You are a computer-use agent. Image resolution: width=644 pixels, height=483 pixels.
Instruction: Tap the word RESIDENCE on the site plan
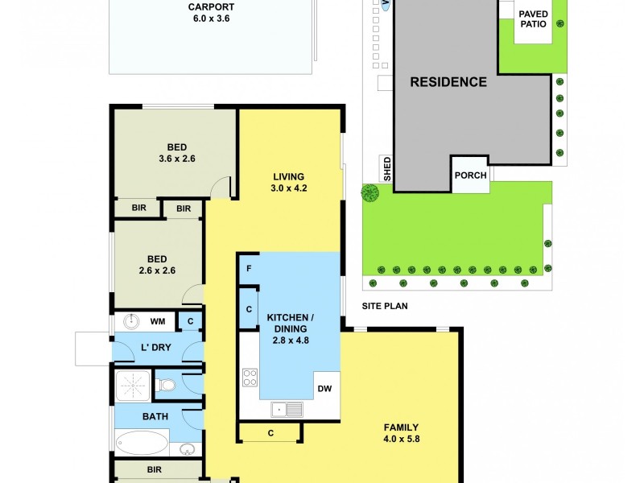coord(448,82)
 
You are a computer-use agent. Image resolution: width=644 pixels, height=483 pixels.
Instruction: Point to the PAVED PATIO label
coord(533,19)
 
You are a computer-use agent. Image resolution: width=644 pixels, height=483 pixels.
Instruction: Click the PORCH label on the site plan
coord(470,175)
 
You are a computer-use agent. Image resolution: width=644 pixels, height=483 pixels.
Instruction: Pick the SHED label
coord(387,168)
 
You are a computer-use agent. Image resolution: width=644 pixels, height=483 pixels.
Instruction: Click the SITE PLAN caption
coord(385,306)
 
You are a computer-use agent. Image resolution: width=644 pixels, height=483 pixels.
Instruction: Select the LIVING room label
coord(288,177)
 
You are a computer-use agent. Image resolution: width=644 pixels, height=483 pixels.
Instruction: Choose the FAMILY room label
coord(401,427)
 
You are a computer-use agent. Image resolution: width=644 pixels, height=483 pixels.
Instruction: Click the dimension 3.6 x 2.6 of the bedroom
coord(177,159)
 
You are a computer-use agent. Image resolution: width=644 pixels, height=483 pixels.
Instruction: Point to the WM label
coord(158,322)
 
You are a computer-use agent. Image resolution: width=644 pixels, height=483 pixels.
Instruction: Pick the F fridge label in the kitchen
coord(249,269)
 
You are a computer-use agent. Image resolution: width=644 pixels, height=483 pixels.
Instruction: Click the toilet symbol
coord(166,386)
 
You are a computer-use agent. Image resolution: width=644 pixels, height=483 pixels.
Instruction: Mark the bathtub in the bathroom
coord(142,444)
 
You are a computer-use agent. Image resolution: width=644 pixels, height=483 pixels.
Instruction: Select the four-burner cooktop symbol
coord(250,377)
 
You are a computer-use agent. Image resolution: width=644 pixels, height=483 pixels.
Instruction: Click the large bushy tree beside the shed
coord(369,193)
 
